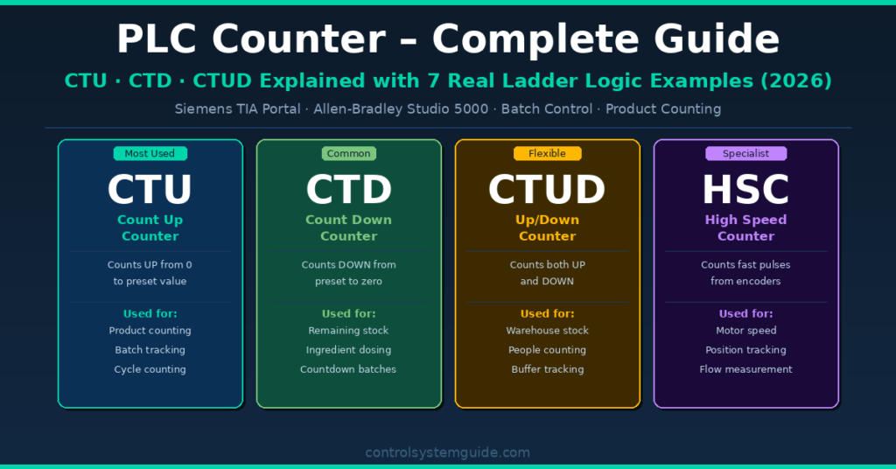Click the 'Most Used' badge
[150, 154]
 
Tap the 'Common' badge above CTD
[348, 154]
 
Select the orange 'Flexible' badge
[547, 154]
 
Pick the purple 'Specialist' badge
[745, 154]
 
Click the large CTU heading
[150, 190]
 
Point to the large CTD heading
[348, 190]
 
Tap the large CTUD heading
[547, 190]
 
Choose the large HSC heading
[745, 190]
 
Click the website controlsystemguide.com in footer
[447, 452]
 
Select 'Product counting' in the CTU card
[150, 331]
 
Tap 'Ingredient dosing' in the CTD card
[348, 350]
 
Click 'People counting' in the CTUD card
[547, 350]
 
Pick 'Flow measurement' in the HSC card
[745, 369]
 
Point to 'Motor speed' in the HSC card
[745, 331]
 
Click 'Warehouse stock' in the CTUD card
[547, 331]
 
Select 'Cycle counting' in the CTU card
[150, 369]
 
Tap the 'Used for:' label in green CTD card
[348, 313]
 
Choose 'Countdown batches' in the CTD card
[348, 369]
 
